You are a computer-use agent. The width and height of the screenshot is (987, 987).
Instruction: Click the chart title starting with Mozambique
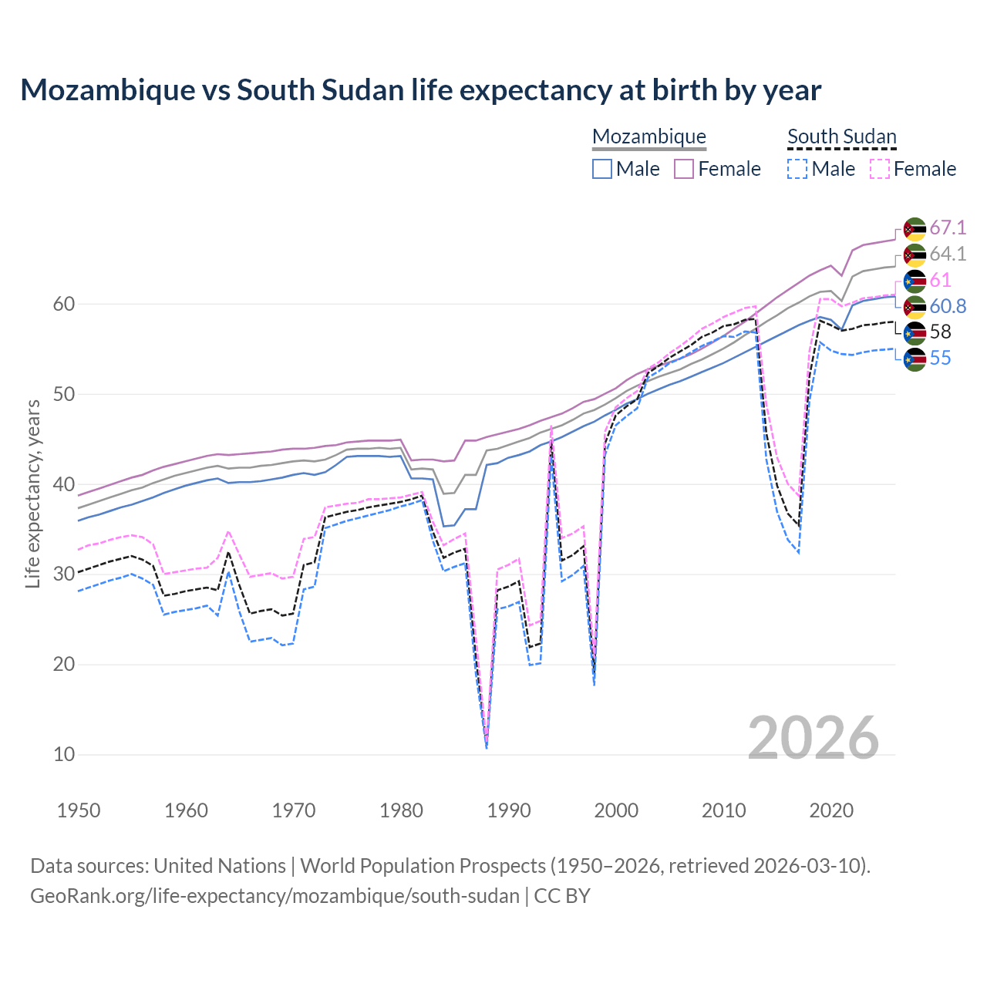coord(420,90)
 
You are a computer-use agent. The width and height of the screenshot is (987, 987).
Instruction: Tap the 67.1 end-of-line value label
coord(947,228)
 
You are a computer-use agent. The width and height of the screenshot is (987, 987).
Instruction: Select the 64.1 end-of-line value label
coord(947,254)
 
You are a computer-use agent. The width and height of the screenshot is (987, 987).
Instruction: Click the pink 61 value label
coord(940,280)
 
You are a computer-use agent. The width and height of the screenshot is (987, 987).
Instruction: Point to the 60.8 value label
coord(947,306)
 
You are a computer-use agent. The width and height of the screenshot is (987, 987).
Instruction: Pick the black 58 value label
coord(940,332)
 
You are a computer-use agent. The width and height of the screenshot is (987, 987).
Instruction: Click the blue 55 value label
coord(940,359)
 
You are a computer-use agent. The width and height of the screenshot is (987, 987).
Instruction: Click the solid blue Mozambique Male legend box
coord(602,169)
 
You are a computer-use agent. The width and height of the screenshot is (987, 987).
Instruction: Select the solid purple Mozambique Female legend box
coord(684,169)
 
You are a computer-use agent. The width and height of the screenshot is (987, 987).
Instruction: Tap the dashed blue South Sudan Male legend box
coord(797,169)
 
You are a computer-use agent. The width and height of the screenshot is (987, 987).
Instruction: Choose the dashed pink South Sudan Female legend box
coord(879,169)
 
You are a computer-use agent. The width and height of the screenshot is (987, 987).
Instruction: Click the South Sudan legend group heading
coord(841,137)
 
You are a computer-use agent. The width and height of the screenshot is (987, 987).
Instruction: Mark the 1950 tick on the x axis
coord(79,810)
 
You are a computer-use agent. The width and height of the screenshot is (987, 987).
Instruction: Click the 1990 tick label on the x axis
coord(509,810)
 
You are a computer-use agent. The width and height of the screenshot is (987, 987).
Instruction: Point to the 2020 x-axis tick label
coord(831,810)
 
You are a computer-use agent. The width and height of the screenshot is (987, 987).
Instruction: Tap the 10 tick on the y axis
coord(64,755)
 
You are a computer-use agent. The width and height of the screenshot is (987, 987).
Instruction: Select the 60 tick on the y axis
coord(64,305)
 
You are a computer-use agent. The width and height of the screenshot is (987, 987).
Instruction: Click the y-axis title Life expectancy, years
coord(32,493)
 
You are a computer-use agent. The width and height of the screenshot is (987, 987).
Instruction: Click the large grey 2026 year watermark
coord(813,738)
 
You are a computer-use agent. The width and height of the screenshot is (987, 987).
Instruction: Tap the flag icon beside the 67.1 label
coord(914,229)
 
